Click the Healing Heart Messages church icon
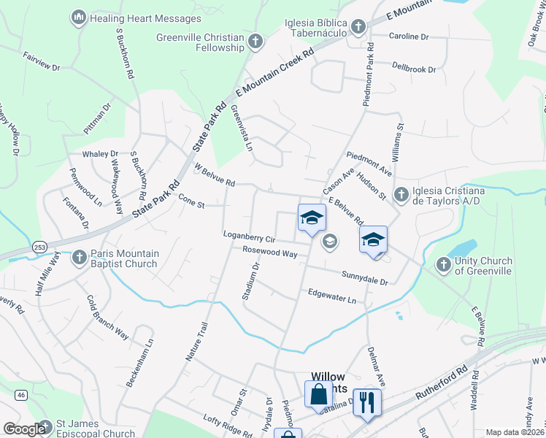click(79, 17)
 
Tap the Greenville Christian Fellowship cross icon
click(255, 41)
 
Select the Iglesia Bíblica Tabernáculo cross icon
click(358, 28)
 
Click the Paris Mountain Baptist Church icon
click(79, 257)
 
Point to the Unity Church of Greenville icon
click(443, 265)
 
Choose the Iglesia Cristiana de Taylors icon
click(401, 194)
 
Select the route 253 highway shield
click(36, 247)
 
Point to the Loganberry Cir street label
click(249, 238)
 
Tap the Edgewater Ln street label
click(331, 299)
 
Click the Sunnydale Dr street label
click(365, 277)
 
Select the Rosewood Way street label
click(270, 253)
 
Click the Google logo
click(24, 429)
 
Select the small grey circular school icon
click(330, 241)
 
